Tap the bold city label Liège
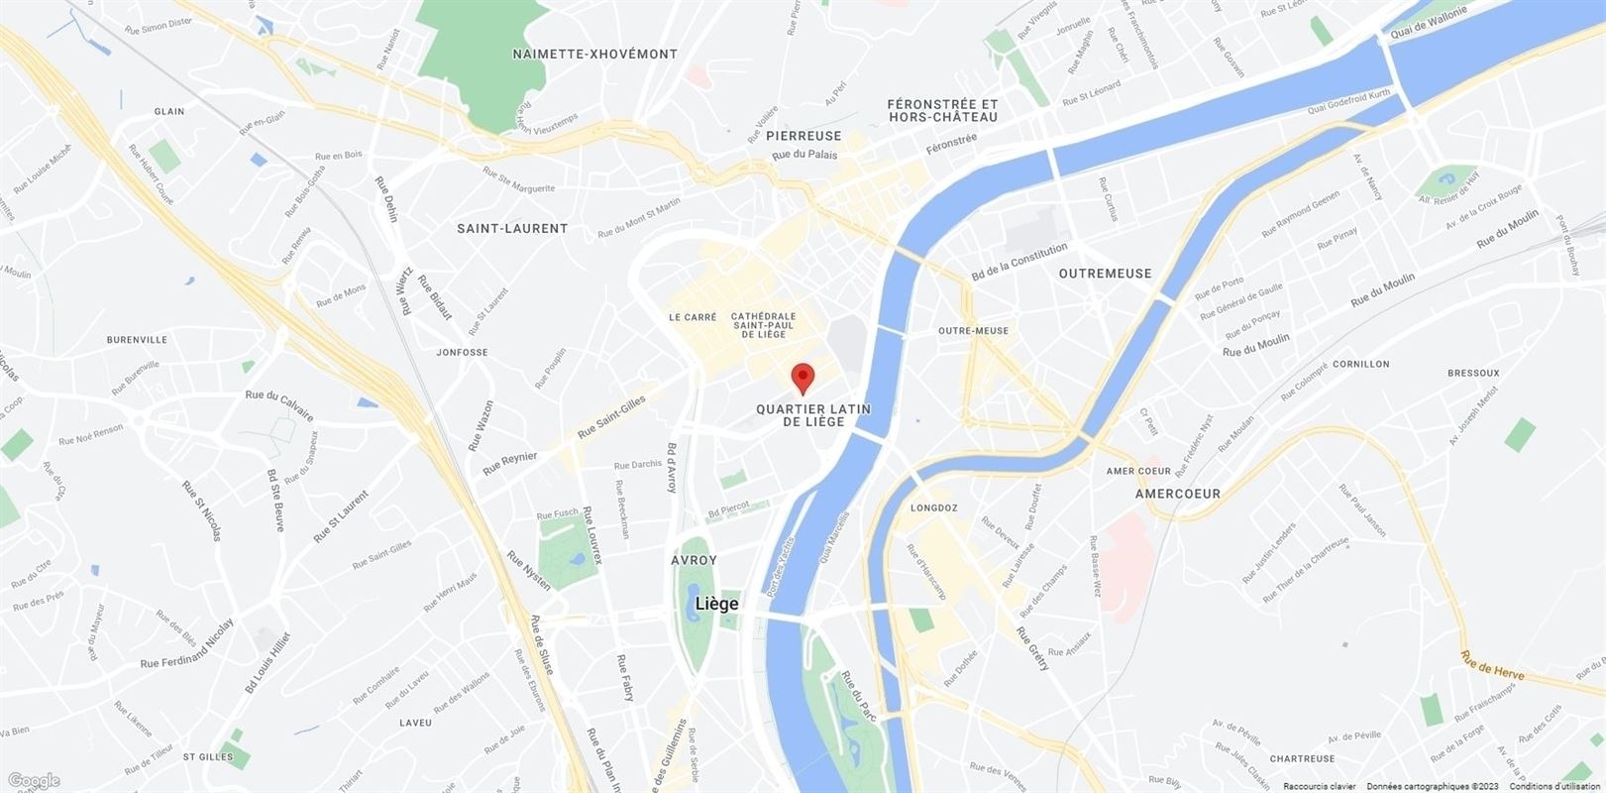(716, 604)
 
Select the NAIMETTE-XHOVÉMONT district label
(594, 55)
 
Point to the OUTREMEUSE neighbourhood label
(1105, 274)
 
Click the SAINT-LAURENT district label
(512, 228)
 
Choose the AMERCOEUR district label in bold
(1177, 494)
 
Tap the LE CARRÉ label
(693, 317)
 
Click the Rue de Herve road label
(1491, 666)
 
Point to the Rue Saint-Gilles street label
(611, 416)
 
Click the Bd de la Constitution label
(1019, 262)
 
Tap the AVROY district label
(694, 560)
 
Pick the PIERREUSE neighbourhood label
(803, 136)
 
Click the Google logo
(33, 781)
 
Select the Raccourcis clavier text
(1319, 786)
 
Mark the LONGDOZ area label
(932, 508)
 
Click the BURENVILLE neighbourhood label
(137, 340)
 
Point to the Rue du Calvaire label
(279, 396)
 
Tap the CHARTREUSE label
(1302, 759)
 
